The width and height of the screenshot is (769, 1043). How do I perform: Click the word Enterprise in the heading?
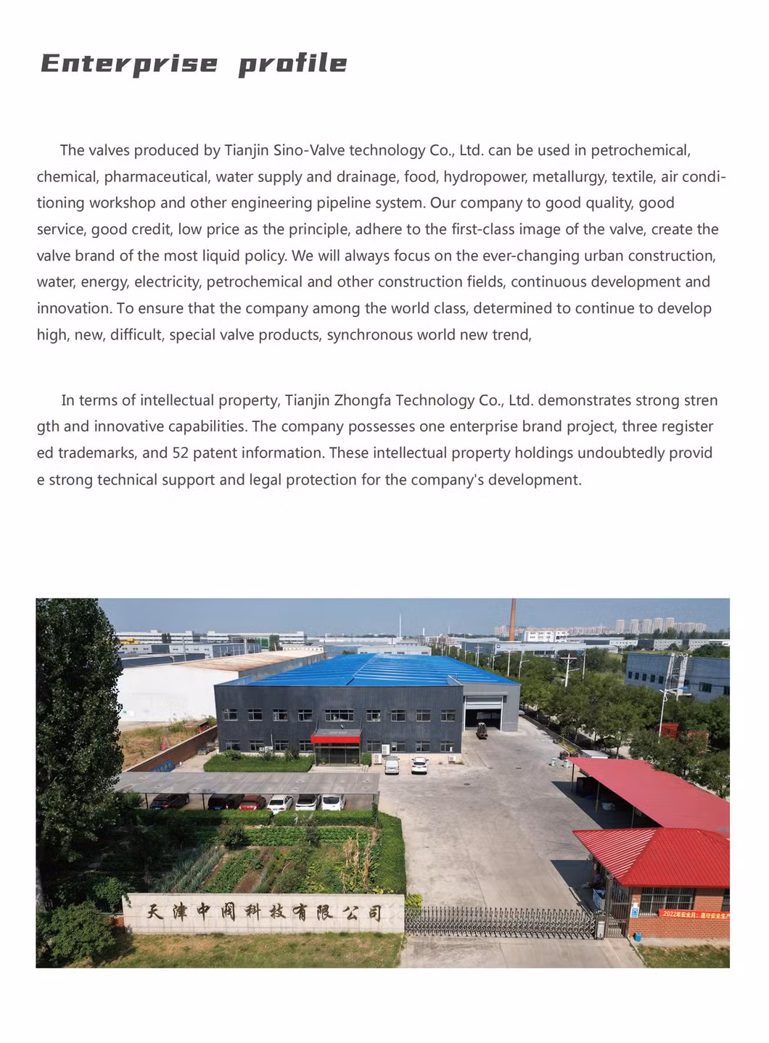pyautogui.click(x=129, y=64)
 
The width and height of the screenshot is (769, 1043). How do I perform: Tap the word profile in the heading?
pyautogui.click(x=292, y=64)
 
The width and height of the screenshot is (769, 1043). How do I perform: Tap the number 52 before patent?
pyautogui.click(x=180, y=453)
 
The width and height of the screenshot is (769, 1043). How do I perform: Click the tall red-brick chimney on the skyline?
pyautogui.click(x=513, y=619)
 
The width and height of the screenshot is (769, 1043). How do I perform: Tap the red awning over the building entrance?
pyautogui.click(x=335, y=738)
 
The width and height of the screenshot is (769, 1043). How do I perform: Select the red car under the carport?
pyautogui.click(x=252, y=802)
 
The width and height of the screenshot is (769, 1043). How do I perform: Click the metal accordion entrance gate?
pyautogui.click(x=501, y=922)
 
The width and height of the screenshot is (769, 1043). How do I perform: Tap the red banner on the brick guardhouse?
pyautogui.click(x=694, y=915)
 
